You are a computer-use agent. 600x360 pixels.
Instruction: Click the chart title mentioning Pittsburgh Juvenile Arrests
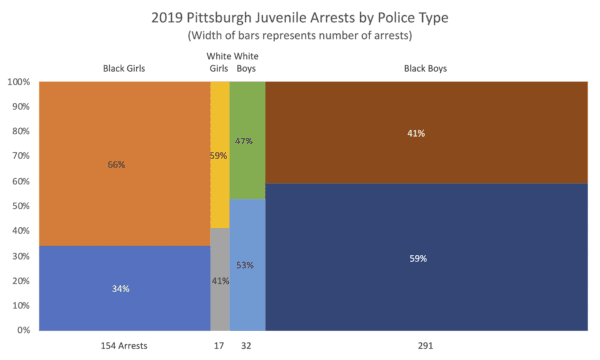pos(299,17)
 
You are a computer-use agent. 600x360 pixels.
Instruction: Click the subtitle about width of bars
pos(299,36)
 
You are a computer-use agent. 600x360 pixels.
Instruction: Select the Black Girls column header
pos(124,69)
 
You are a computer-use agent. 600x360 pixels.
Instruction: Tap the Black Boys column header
pos(424,69)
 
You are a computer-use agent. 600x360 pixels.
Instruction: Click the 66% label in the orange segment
pos(116,164)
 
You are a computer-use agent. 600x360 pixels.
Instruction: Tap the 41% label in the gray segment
pos(219,281)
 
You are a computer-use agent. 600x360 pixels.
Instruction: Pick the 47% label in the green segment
pos(245,142)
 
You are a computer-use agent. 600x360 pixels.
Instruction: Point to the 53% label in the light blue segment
pos(245,265)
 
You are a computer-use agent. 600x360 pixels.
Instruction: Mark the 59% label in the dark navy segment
pos(418,258)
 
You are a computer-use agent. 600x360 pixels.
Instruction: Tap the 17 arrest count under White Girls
pos(219,346)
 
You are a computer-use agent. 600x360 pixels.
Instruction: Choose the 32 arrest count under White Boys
pos(247,346)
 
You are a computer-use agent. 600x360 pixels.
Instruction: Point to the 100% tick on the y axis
pos(20,83)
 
